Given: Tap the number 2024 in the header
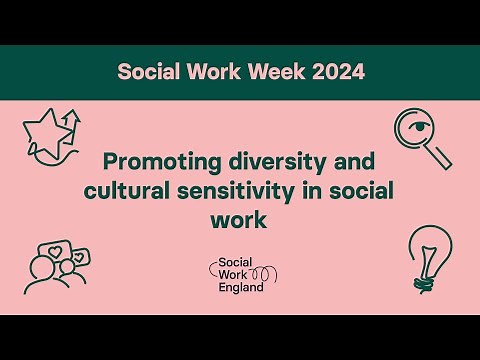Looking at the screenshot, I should [332, 72].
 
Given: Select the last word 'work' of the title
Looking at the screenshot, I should [240, 217].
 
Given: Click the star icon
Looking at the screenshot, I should [46, 133].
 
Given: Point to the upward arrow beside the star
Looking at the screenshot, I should [70, 124].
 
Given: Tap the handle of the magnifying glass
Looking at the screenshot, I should [439, 157].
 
